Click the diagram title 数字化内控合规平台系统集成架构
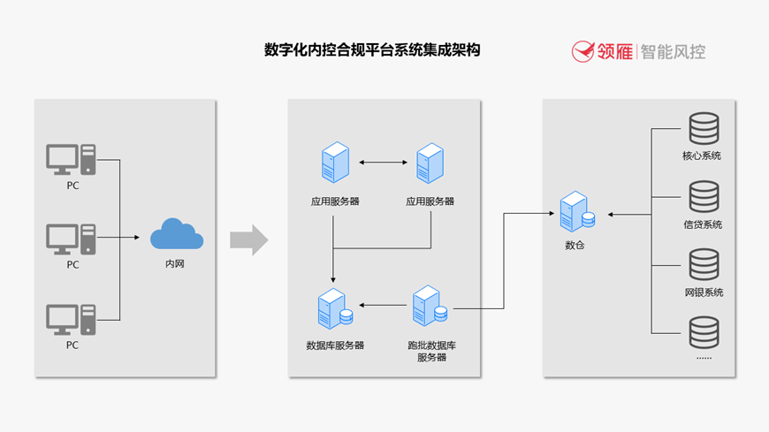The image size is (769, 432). (372, 49)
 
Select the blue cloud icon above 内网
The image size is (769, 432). (177, 235)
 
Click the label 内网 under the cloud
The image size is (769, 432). (176, 263)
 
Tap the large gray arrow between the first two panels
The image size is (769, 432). (248, 239)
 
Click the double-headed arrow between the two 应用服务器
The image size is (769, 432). (382, 163)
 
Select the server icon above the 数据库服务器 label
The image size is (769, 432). (334, 307)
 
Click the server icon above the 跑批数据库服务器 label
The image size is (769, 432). (429, 306)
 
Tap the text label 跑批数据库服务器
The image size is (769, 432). (431, 351)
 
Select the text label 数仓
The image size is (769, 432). (575, 245)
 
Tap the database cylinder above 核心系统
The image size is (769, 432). (704, 129)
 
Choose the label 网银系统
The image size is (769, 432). (704, 292)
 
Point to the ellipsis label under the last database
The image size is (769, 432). (704, 358)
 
